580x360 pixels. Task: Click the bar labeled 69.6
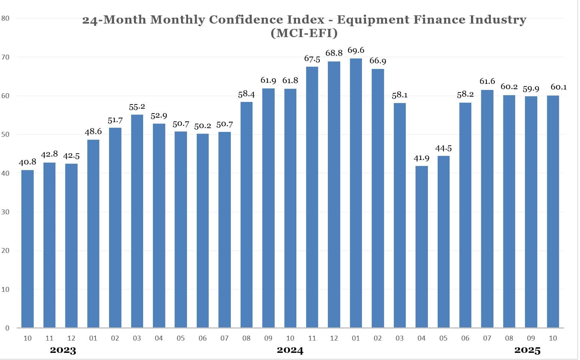pos(356,193)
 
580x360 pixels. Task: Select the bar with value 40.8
pos(27,249)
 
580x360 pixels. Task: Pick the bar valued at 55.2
pos(137,221)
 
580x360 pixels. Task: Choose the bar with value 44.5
pos(443,242)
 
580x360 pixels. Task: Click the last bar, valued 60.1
pos(553,212)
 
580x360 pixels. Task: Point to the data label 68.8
pos(334,53)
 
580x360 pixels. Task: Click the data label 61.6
pos(487,81)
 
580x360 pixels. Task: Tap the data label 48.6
pos(93,131)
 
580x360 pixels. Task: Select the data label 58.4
pos(246,94)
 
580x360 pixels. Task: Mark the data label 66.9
pos(378,61)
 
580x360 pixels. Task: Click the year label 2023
pos(63,351)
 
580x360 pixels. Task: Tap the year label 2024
pos(290,351)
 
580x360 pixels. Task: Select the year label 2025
pos(527,351)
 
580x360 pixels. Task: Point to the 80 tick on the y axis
pos(5,18)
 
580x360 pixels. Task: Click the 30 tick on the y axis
pos(5,212)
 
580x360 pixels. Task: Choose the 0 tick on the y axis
pos(7,328)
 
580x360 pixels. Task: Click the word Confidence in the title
pos(247,19)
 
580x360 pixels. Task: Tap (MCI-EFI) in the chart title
pos(304,33)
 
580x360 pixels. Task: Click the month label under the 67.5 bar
pos(312,338)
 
